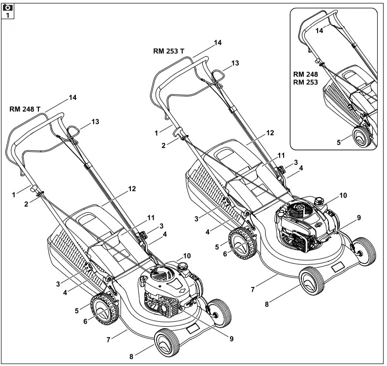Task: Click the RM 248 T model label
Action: [x=25, y=110]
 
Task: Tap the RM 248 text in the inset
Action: [x=305, y=74]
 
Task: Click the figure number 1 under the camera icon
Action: [x=7, y=15]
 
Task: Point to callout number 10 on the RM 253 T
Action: [x=343, y=195]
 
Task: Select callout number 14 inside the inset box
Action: [x=320, y=30]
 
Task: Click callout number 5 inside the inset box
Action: [x=338, y=142]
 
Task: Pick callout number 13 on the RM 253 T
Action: [x=235, y=63]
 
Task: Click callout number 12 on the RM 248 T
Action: [x=119, y=189]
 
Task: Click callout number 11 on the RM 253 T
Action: [x=281, y=155]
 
